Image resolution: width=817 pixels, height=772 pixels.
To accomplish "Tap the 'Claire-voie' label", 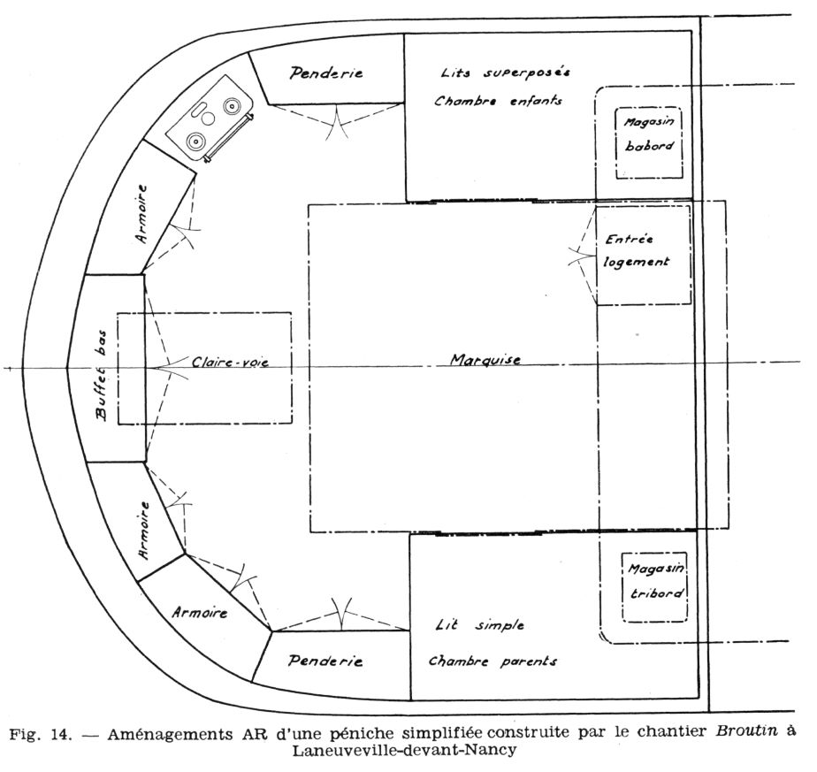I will [x=228, y=362].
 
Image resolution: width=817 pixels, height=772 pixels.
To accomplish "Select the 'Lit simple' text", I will [x=480, y=625].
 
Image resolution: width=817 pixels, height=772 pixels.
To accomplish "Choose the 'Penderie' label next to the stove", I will [x=326, y=73].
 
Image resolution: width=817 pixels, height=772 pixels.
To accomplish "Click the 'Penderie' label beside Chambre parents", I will [x=326, y=661].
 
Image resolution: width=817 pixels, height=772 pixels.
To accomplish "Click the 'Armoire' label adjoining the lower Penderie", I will [x=200, y=612].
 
